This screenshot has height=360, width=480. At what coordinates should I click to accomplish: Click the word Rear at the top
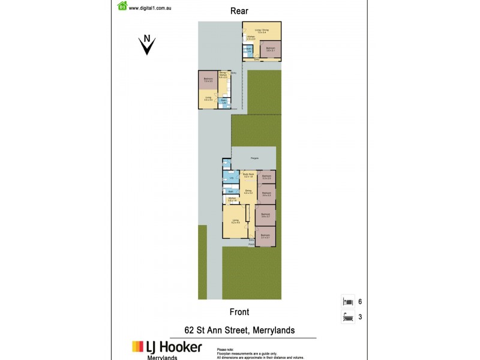click(239, 11)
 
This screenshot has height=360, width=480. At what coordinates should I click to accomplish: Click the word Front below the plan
click(239, 312)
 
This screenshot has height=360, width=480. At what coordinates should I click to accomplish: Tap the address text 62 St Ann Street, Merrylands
click(239, 330)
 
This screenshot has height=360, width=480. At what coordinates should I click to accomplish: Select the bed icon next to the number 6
click(347, 302)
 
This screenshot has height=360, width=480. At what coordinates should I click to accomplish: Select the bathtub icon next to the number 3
click(347, 317)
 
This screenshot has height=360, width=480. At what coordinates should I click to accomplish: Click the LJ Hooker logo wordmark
click(167, 347)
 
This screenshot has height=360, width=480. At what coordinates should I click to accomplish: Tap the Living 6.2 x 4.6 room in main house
click(236, 221)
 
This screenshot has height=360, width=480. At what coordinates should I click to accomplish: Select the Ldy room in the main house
click(231, 178)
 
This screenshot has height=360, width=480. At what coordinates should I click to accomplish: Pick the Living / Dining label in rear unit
click(262, 30)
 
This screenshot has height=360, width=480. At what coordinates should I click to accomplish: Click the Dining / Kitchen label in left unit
click(223, 76)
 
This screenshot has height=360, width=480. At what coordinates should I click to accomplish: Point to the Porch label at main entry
click(251, 245)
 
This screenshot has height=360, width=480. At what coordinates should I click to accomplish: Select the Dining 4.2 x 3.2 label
click(248, 191)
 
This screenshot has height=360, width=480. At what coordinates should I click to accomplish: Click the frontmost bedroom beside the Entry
click(265, 236)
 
